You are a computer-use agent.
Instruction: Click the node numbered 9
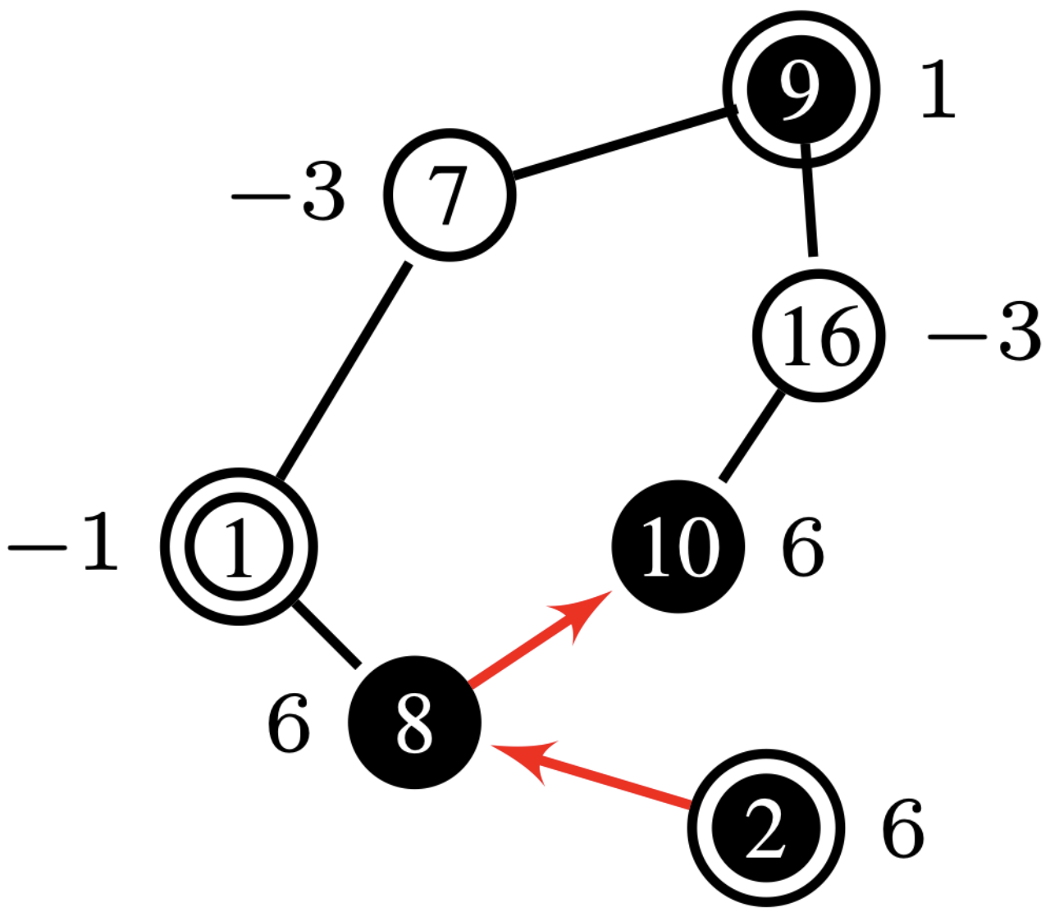click(801, 89)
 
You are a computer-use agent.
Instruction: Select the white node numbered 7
click(450, 195)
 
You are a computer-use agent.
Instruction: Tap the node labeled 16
click(819, 336)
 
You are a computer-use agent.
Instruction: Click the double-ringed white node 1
click(238, 547)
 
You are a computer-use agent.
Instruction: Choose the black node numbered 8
click(414, 723)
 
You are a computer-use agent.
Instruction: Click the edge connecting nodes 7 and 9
click(622, 143)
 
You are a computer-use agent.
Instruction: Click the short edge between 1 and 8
click(326, 635)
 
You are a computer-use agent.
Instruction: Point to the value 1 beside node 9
click(937, 90)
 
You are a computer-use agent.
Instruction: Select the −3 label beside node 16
click(984, 335)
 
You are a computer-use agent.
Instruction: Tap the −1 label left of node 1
click(64, 545)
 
